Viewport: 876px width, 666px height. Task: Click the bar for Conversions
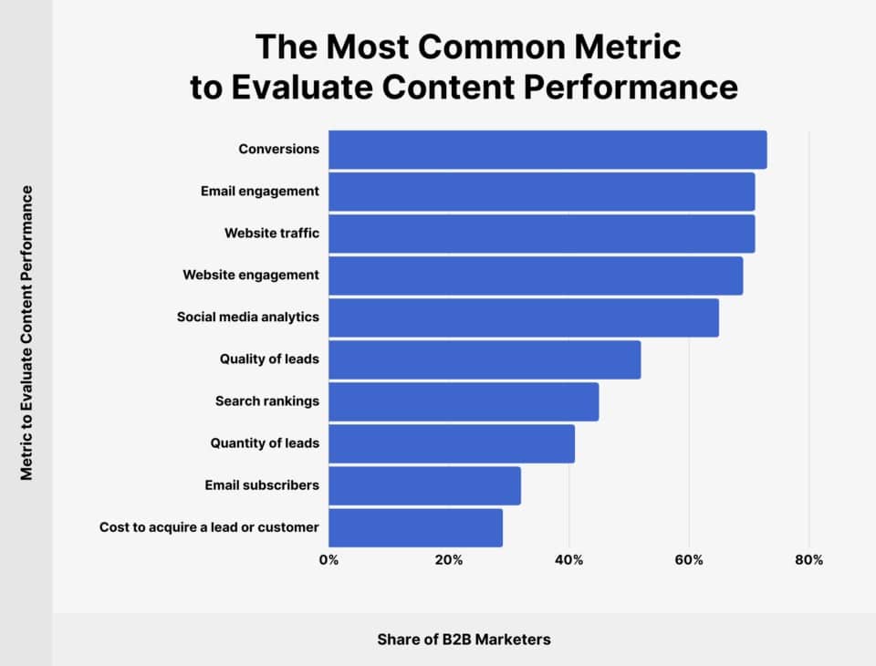547,150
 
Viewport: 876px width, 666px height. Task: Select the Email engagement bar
541,192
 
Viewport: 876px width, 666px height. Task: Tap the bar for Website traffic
541,234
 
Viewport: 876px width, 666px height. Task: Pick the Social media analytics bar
524,317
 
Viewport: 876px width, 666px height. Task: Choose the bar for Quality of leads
485,359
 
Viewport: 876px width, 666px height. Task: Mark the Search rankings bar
464,401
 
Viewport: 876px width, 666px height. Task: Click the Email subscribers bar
424,485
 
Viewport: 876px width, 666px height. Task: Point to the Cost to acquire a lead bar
415,527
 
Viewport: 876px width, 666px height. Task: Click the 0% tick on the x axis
328,560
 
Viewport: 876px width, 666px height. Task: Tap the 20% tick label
449,560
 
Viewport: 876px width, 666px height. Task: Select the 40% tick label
569,560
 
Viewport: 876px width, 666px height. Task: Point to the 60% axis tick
689,560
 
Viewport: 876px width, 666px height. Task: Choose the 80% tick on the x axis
809,560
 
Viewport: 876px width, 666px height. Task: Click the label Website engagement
251,275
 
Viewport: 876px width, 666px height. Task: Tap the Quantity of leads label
265,443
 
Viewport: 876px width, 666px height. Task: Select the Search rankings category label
267,401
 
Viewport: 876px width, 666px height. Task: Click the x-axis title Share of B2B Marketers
464,640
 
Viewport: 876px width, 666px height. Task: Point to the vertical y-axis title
26,333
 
